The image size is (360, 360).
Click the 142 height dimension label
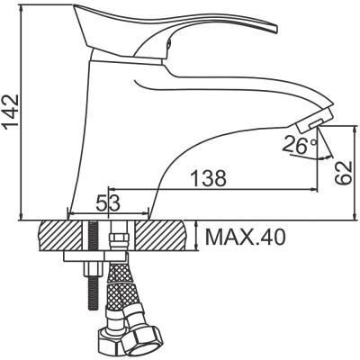(12, 112)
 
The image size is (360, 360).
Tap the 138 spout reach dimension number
(208, 178)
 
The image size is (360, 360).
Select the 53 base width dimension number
(108, 202)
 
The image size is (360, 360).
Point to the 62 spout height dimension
(343, 173)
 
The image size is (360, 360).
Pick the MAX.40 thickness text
(245, 238)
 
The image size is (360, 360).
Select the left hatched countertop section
(60, 236)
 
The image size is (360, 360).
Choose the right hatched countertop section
(161, 236)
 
